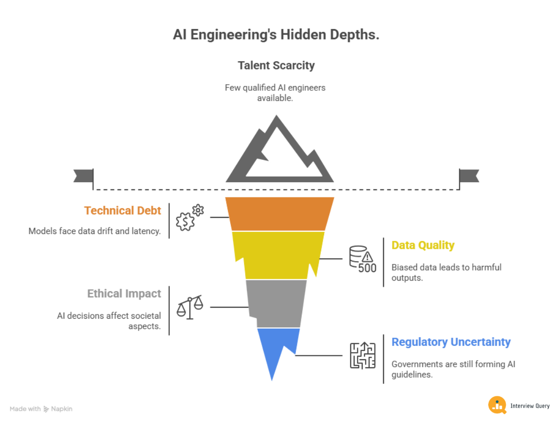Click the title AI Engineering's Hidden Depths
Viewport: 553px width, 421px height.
[x=276, y=35]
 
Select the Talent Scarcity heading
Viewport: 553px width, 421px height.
[x=276, y=65]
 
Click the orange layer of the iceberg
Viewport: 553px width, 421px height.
[x=280, y=214]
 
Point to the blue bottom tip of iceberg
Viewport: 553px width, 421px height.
[x=275, y=350]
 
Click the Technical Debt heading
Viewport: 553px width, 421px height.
[x=123, y=210]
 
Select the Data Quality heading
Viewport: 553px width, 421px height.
[x=423, y=245]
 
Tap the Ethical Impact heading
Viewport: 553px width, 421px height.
[x=124, y=294]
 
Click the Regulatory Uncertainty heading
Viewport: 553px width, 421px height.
[x=451, y=342]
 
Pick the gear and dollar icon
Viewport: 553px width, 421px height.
[x=189, y=218]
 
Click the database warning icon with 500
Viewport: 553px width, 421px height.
[x=362, y=259]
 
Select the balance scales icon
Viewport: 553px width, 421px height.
[x=189, y=307]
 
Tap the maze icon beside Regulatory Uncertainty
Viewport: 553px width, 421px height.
[x=362, y=355]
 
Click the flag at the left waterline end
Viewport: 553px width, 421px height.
[x=84, y=176]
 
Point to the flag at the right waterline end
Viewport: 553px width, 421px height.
[x=468, y=176]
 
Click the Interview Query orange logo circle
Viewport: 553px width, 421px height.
[x=497, y=405]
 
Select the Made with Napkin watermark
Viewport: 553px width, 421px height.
[x=41, y=409]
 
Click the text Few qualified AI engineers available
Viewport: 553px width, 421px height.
[x=276, y=93]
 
